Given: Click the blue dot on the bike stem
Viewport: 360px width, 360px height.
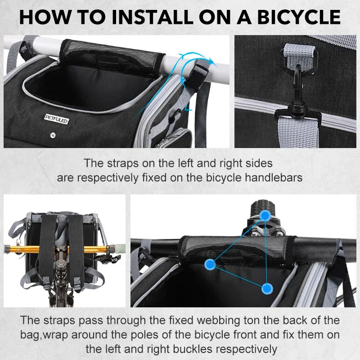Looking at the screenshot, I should [x=265, y=216].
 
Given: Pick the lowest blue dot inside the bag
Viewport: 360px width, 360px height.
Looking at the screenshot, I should [x=267, y=288].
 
